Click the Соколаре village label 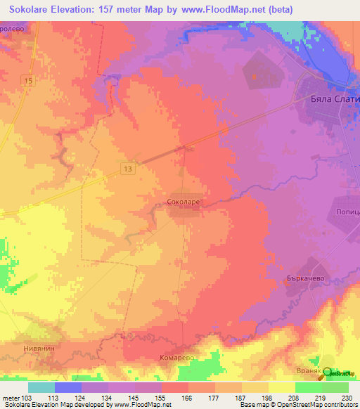pos(187,201)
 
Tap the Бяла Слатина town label pos(335,100)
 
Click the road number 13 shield pos(127,169)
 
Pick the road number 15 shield pos(27,82)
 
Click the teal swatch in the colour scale pos(41,387)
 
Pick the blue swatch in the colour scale pos(68,387)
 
